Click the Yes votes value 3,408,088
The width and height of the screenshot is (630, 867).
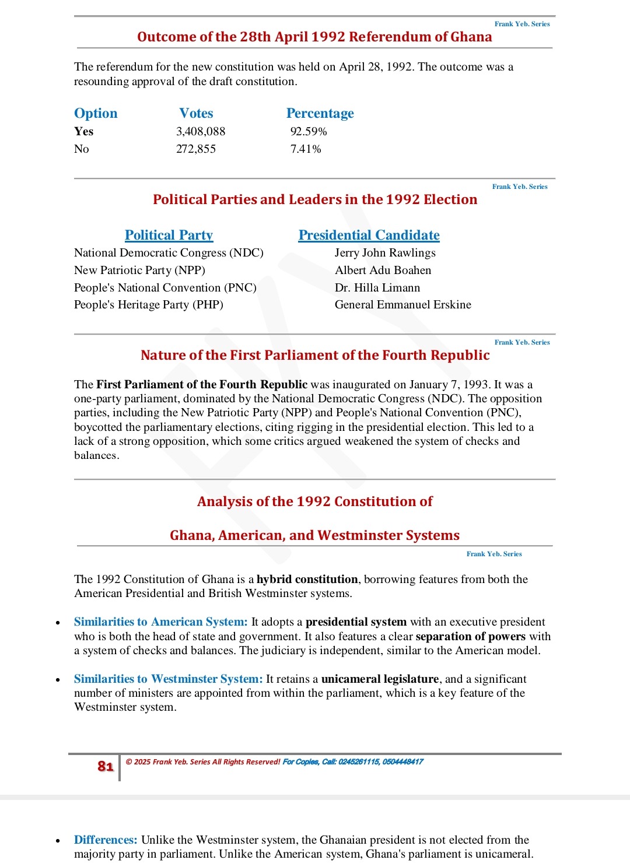201,132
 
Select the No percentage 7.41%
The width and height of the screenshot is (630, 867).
306,149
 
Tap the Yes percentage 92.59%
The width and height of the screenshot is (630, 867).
309,132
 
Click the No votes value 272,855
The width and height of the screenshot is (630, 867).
196,149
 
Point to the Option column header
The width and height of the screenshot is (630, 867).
96,114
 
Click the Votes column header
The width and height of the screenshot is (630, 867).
196,114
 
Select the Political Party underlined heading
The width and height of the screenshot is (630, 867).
169,235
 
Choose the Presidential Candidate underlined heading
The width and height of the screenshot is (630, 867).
369,235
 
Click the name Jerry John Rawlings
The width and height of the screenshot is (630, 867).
385,252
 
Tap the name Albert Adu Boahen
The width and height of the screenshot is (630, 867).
383,270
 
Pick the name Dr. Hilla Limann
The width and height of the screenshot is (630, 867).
377,287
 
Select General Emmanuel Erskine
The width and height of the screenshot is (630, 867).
402,304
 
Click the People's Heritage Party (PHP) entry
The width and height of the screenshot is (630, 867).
149,304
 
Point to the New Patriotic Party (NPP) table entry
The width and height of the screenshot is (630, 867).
139,270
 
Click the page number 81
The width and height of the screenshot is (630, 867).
106,766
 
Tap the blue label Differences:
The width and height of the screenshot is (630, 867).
106,840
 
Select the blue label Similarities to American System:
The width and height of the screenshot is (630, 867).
160,622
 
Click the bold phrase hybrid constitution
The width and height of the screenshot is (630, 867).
307,579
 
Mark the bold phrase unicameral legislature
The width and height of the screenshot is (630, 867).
380,679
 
